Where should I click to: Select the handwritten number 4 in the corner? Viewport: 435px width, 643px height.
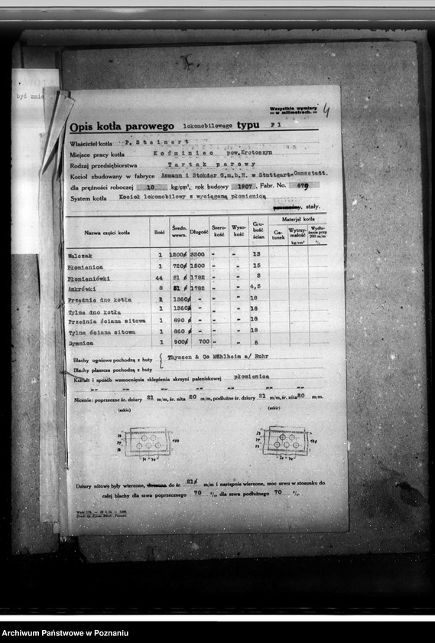pyautogui.click(x=326, y=110)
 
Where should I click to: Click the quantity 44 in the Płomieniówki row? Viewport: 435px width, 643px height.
pyautogui.click(x=159, y=276)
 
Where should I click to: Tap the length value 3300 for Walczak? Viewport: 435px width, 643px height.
pyautogui.click(x=197, y=253)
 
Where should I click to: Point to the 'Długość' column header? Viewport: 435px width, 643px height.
pyautogui.click(x=198, y=230)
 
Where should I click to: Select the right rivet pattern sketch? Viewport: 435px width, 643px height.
pyautogui.click(x=284, y=440)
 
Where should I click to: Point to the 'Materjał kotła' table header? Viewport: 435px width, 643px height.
pyautogui.click(x=298, y=219)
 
